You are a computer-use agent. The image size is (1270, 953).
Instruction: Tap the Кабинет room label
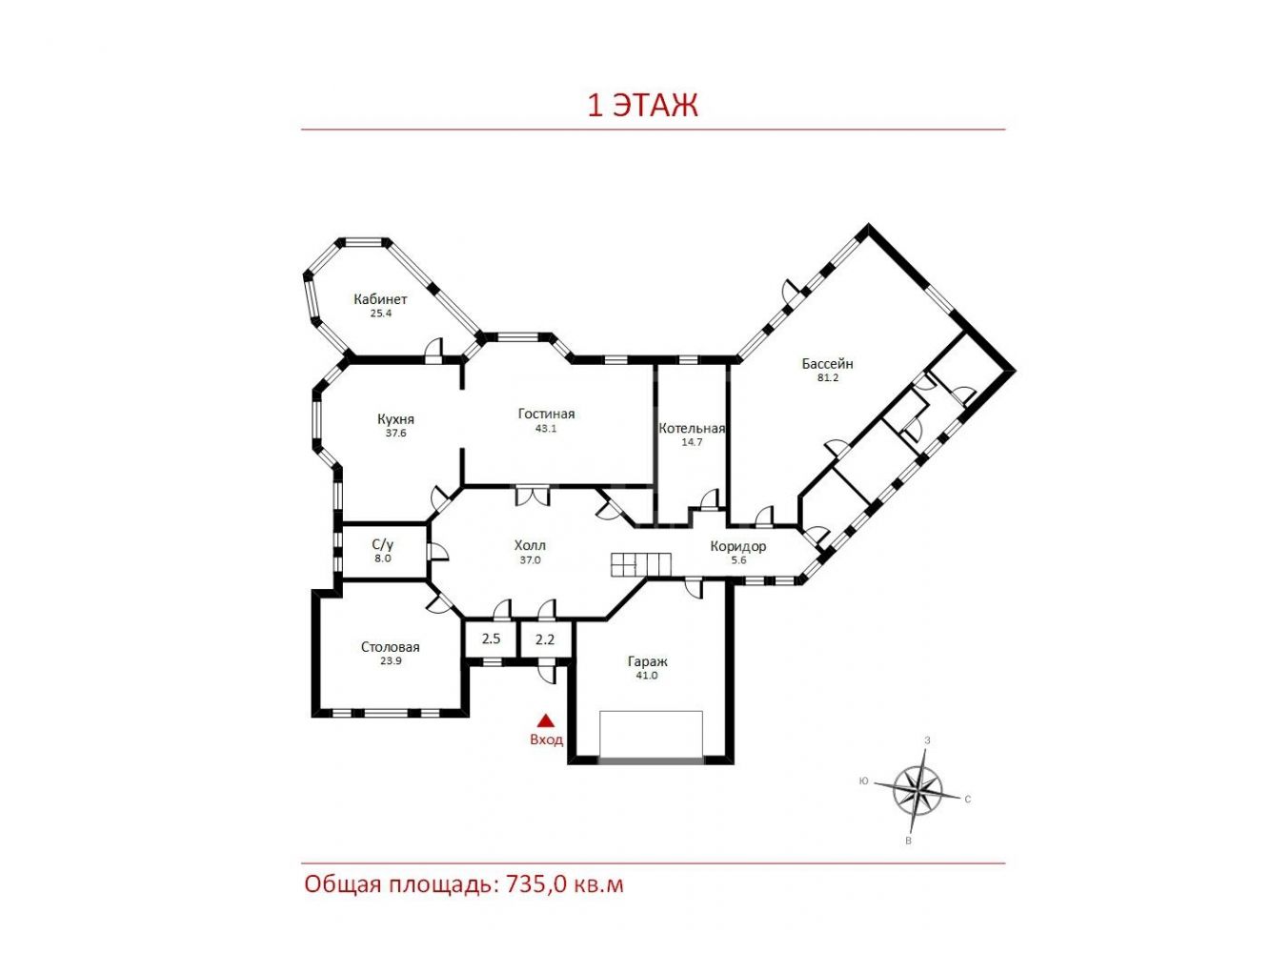point(380,299)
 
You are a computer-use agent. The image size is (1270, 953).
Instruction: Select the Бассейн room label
point(827,364)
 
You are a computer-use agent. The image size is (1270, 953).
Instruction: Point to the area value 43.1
point(546,429)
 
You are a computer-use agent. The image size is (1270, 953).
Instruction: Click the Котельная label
point(692,429)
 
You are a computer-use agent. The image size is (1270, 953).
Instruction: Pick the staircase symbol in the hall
point(641,564)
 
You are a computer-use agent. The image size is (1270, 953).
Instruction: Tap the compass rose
point(917,789)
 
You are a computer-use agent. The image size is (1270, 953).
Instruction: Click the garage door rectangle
point(651,734)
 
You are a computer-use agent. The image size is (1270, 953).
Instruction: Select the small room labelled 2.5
point(492,639)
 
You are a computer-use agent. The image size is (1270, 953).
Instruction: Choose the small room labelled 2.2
point(545,639)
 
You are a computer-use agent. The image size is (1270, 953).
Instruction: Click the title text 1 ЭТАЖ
point(643,106)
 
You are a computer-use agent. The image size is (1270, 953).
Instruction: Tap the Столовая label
point(390,647)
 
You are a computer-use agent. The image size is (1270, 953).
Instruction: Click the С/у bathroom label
point(382,544)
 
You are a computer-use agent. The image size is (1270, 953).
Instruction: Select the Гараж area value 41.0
point(646,676)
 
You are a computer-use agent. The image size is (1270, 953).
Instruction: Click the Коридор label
point(738,547)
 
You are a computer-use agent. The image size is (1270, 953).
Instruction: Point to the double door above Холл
point(533,496)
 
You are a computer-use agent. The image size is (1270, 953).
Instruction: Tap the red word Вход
point(546,740)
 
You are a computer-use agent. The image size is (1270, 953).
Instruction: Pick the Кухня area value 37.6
point(395,433)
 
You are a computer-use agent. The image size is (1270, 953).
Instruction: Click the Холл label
point(530,545)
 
